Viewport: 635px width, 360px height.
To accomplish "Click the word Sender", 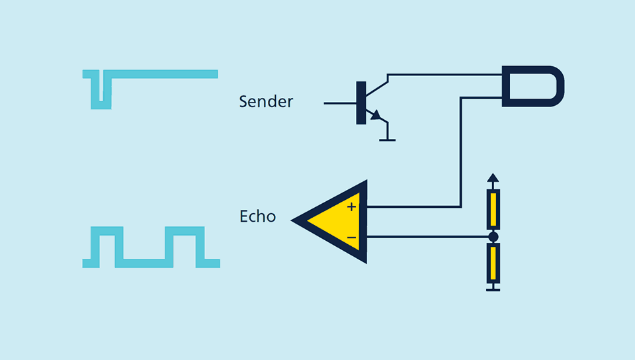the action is coord(266,102).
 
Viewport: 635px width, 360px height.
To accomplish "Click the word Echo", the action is coord(257,216).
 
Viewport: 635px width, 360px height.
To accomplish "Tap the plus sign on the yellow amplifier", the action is coord(351,207).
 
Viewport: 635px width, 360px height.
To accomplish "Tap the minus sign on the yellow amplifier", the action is coord(351,238).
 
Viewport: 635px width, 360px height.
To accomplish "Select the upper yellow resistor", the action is coord(493,209).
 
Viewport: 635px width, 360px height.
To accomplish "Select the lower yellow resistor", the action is coord(493,263).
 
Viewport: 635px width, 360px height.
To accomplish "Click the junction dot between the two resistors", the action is coord(493,237).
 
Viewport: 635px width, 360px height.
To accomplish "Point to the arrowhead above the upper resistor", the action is coord(493,178).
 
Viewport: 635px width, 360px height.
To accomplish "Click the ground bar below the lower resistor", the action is coord(493,290).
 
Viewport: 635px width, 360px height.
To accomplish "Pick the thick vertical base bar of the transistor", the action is coord(361,103).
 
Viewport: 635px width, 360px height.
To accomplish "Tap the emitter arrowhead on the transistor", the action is coord(376,115).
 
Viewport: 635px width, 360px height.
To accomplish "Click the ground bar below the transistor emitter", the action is coord(387,140).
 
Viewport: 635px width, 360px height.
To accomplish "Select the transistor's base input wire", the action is coord(340,103).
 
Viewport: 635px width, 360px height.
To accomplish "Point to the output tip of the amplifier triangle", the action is coord(292,220).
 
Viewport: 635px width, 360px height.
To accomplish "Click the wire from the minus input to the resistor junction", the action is coord(427,237).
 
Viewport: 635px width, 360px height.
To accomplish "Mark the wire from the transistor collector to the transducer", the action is coord(444,75).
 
